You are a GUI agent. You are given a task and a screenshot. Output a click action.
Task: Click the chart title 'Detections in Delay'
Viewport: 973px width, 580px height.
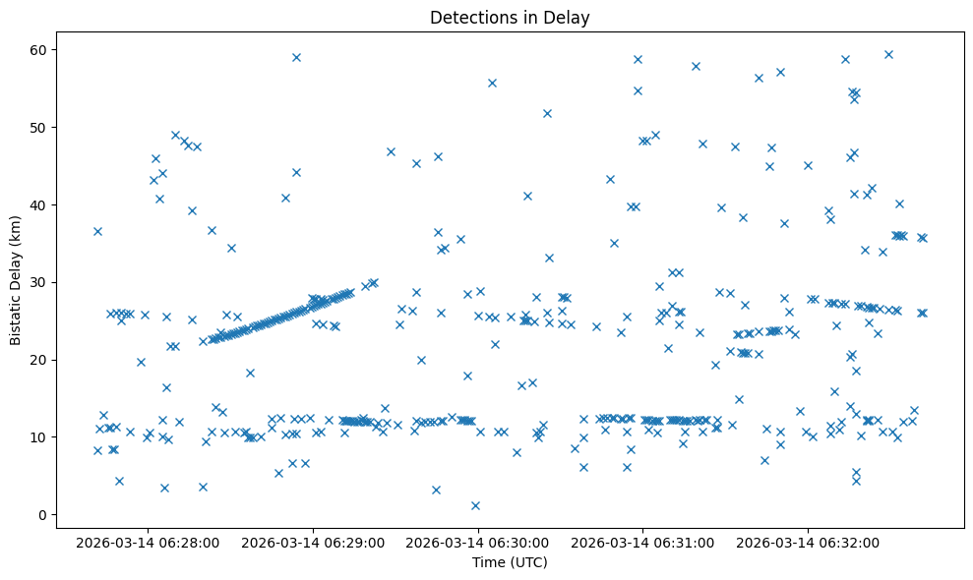point(510,17)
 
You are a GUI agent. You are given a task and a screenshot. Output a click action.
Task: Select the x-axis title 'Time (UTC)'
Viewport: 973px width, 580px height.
point(510,563)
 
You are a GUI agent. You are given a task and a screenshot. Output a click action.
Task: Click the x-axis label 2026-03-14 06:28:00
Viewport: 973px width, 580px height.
point(149,542)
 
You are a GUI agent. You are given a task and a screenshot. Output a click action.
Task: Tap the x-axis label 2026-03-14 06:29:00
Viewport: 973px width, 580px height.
point(314,542)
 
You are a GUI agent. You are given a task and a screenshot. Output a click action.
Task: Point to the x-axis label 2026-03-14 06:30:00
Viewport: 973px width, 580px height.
point(479,542)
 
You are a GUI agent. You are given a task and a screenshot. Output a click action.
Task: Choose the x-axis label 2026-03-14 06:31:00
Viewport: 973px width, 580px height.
point(643,542)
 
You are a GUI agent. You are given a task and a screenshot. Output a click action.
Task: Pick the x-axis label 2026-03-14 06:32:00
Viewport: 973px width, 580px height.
point(809,542)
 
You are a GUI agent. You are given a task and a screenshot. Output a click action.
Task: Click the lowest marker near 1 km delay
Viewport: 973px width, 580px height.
point(475,505)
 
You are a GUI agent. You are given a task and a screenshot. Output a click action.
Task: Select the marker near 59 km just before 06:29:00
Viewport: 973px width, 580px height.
point(296,57)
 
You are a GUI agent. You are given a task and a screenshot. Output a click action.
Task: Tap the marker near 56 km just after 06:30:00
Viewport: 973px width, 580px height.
point(492,83)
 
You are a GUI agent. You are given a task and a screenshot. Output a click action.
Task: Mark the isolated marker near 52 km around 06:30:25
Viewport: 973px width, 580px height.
point(547,113)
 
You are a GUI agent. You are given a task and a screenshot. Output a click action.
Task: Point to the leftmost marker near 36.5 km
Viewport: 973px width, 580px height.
point(97,231)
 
